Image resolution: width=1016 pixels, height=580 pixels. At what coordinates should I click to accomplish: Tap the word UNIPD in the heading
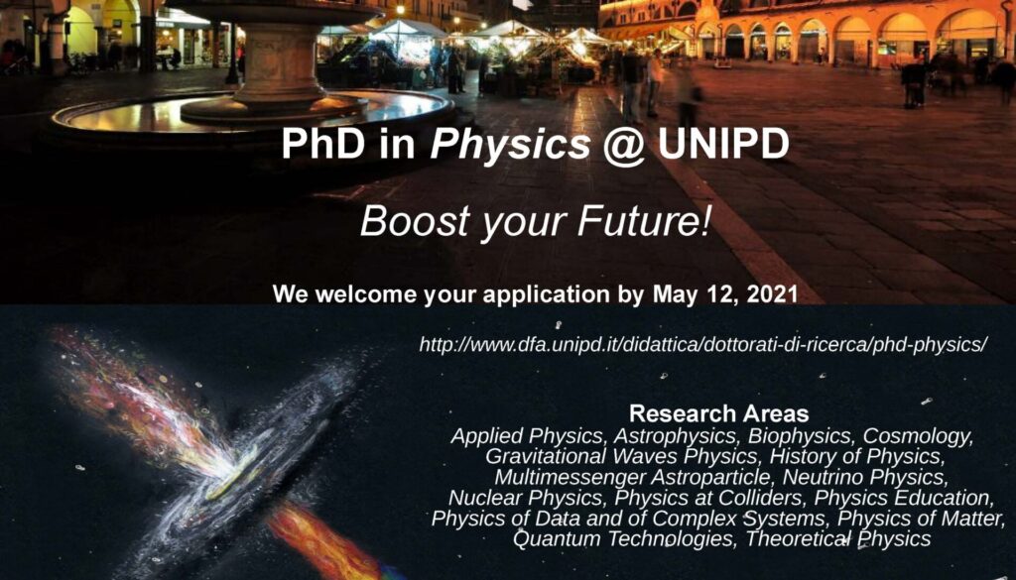click(723, 145)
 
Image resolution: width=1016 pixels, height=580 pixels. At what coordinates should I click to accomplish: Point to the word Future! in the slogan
click(643, 221)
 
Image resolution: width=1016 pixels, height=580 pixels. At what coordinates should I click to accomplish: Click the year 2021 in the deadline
click(772, 294)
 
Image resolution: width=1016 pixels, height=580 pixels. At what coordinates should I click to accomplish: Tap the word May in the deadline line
click(675, 295)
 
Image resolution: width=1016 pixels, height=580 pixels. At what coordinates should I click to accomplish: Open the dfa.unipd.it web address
click(703, 345)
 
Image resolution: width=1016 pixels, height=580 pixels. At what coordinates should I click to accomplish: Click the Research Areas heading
click(718, 413)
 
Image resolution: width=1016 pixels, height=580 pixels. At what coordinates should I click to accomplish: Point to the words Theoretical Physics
click(837, 538)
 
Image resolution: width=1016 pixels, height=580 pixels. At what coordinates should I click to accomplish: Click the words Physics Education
click(904, 498)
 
